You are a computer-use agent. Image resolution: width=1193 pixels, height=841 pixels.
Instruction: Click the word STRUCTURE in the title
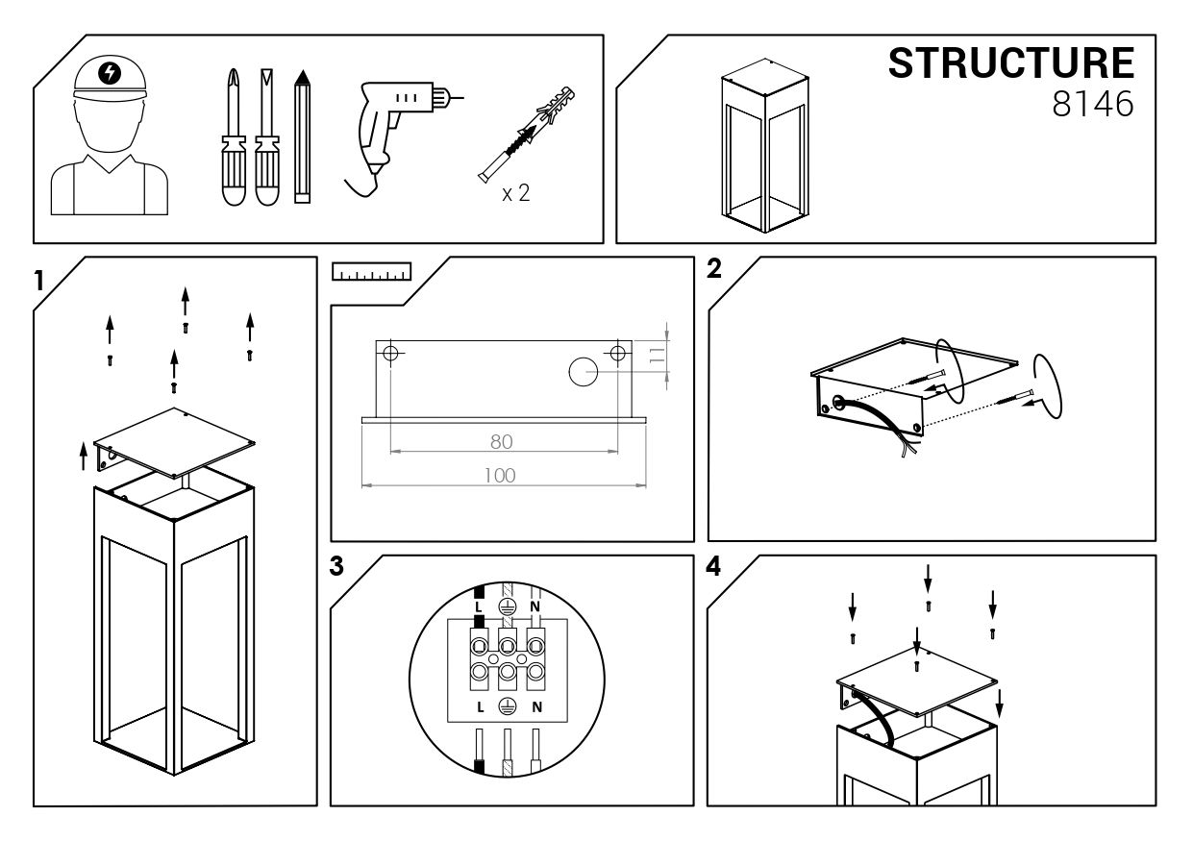1011,62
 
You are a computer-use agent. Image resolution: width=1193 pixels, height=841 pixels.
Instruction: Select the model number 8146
1092,104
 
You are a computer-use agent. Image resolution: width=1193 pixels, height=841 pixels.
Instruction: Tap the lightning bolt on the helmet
111,73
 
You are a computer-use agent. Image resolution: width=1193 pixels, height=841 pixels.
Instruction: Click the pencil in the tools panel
303,136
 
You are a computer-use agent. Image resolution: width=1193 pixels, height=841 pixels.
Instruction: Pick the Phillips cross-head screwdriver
234,136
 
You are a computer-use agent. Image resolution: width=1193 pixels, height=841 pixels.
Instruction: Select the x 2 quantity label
515,193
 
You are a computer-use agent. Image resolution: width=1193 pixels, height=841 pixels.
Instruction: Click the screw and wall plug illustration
526,134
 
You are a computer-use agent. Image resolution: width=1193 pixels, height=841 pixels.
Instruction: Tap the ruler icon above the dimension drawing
372,271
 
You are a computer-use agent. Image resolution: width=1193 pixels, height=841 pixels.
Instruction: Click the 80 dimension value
501,441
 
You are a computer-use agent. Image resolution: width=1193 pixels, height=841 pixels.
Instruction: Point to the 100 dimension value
500,475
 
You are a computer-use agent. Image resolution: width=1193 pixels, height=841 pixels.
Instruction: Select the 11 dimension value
658,355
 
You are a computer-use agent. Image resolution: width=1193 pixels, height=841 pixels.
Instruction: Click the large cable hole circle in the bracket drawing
584,371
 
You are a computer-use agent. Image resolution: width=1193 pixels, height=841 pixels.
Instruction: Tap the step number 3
336,566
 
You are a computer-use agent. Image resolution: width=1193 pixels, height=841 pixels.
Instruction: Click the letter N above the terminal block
535,606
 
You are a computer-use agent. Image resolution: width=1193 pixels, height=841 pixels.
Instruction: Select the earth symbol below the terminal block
507,706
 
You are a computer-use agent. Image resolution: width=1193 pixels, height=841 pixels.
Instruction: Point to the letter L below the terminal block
481,706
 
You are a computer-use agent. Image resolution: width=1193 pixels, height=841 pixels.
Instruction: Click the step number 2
714,268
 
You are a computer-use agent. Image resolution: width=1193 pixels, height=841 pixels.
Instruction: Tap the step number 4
713,567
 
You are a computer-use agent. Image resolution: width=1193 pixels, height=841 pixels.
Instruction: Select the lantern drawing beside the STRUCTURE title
765,145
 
